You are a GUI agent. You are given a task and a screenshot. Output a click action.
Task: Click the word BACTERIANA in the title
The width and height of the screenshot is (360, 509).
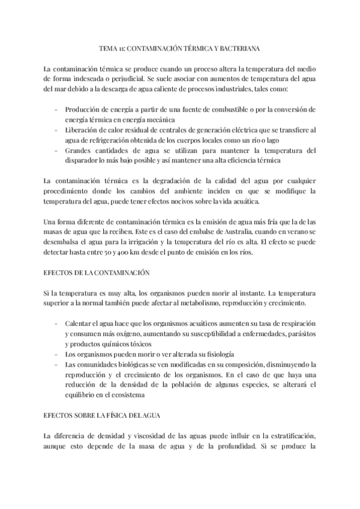[x=238, y=46]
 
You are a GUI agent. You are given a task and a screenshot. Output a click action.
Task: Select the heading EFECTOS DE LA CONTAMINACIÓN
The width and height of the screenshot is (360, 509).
[x=96, y=273]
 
